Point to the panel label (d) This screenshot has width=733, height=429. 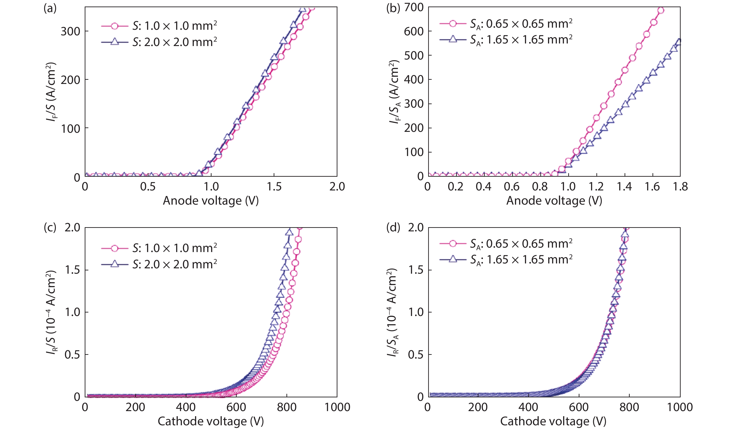393,227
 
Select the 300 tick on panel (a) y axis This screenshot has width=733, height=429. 70,31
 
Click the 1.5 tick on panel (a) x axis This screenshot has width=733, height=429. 274,186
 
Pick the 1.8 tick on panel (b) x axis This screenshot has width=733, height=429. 680,186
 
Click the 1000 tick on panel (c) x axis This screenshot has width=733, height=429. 337,407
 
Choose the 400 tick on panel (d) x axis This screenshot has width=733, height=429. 528,407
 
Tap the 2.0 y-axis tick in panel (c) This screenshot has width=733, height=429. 72,227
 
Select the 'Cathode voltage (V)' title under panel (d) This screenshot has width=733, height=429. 553,421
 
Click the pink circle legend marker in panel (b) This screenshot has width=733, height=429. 453,23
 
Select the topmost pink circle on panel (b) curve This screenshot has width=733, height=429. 661,10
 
